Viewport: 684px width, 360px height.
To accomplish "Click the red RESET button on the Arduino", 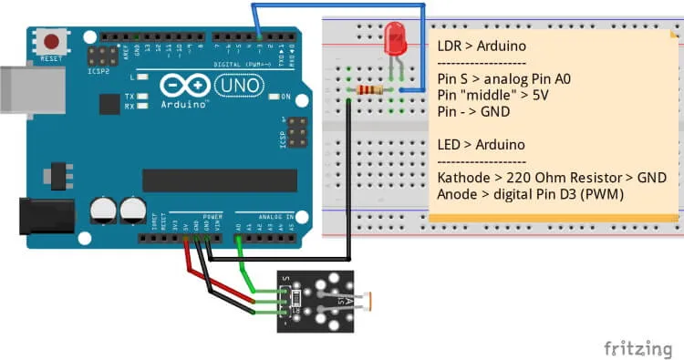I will pos(54,42).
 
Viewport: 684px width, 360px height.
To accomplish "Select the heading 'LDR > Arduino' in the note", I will pos(483,46).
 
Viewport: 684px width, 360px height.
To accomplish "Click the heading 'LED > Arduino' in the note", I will pos(483,144).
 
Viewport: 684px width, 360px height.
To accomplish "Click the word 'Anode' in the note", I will pos(460,193).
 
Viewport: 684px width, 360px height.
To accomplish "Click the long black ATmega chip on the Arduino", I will pos(219,180).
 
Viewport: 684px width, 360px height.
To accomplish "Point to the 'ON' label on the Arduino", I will pos(285,97).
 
